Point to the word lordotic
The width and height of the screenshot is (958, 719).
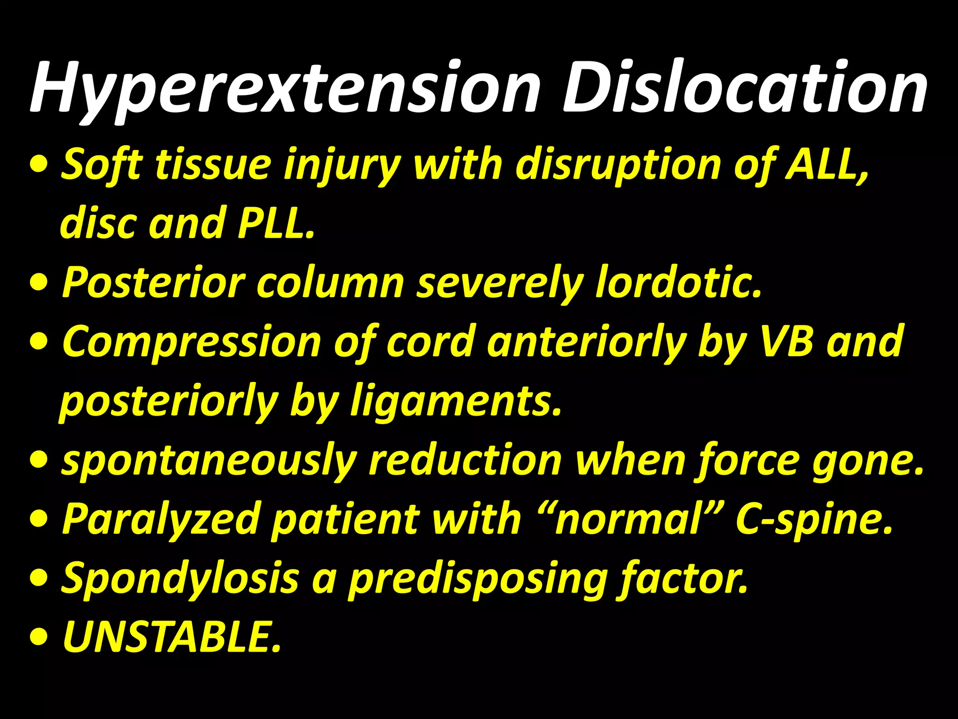click(678, 282)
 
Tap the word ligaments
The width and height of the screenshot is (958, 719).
click(456, 401)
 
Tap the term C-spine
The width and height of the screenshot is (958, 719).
click(814, 520)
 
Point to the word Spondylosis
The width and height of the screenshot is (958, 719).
click(181, 579)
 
